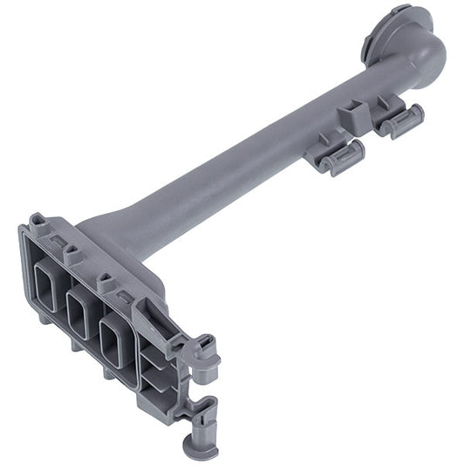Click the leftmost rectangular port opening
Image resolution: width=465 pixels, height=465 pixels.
pos(46,288)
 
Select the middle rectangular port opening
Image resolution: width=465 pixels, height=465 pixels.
pos(80,311)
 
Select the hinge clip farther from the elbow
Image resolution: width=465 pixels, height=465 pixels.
pos(339,158)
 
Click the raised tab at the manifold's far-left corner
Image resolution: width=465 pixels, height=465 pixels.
pos(38,223)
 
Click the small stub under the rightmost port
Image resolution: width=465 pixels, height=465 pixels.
pos(108,372)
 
